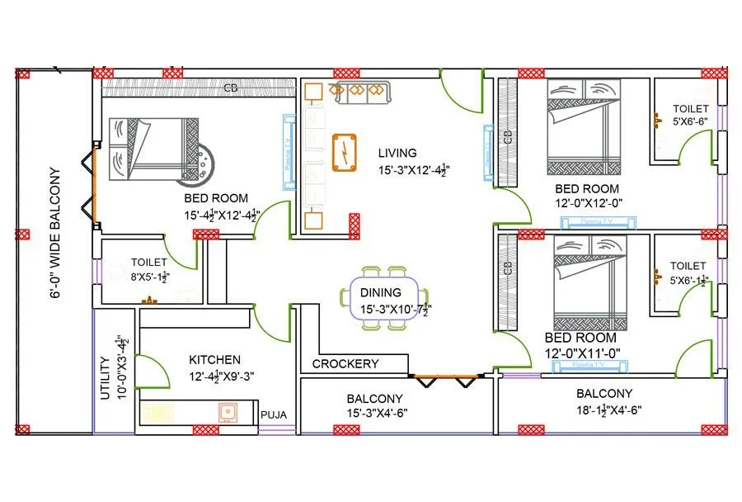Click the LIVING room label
pyautogui.click(x=397, y=153)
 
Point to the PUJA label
pyautogui.click(x=273, y=415)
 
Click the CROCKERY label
pyautogui.click(x=345, y=363)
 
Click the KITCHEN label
pyautogui.click(x=215, y=359)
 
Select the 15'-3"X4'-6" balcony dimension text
pyautogui.click(x=377, y=413)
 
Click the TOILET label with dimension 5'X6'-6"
pyautogui.click(x=690, y=108)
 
